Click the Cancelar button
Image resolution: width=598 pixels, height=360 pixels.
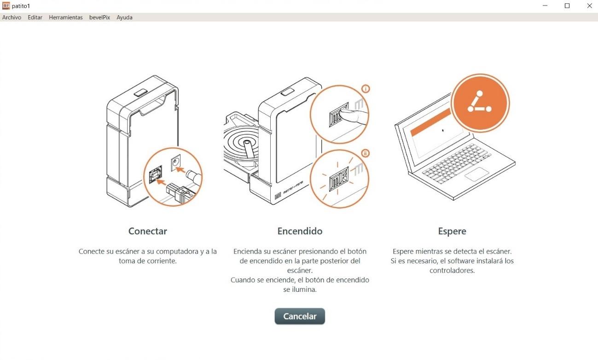300,316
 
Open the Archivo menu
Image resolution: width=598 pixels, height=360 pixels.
12,17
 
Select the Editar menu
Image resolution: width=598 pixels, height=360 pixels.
35,17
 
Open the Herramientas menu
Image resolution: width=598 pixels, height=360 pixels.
66,17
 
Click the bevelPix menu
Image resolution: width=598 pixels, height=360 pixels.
99,17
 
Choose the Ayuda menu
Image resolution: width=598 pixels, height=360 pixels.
124,17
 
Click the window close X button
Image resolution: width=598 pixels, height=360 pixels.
589,6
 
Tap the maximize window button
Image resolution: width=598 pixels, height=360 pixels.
567,6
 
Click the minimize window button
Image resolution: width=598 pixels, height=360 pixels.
545,6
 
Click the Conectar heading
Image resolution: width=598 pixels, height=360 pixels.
148,231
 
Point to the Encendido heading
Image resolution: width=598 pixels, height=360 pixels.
300,231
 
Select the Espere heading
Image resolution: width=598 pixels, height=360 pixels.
452,231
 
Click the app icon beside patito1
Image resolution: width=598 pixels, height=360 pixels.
6,6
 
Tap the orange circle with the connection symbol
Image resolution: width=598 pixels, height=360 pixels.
480,103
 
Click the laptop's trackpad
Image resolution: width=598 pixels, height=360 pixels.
477,174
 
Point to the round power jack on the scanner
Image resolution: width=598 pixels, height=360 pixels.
176,162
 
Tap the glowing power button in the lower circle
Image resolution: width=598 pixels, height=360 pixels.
339,179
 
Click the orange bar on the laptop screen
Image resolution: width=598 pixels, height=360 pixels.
430,122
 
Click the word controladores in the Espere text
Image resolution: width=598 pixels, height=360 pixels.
452,270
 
